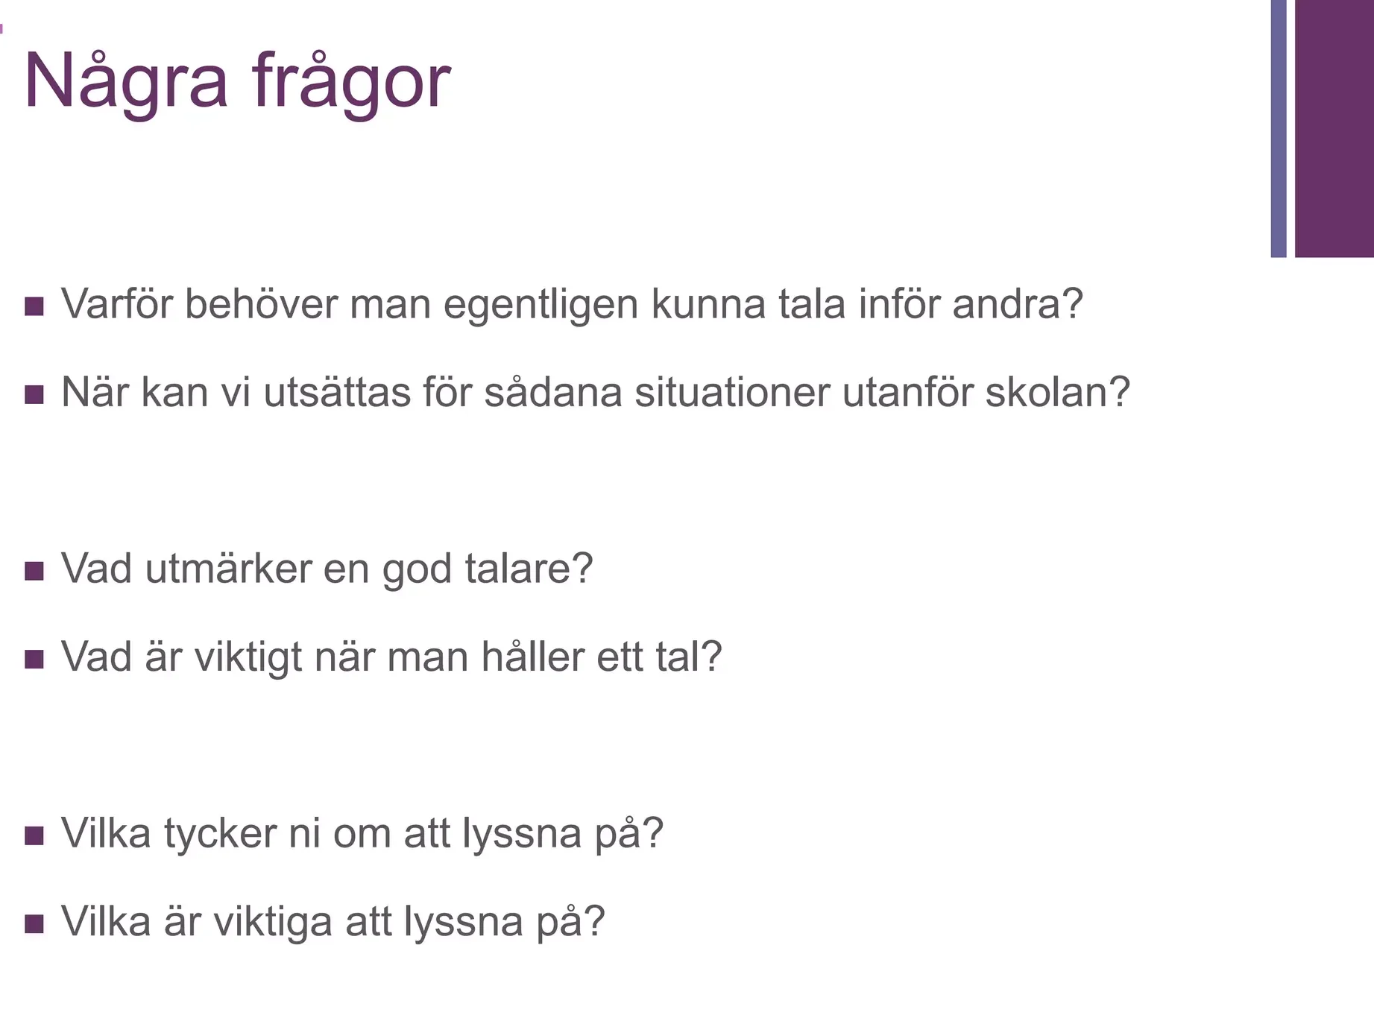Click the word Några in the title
tap(125, 82)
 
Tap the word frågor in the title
tap(351, 82)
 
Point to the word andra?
tap(1018, 303)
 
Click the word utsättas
tap(337, 392)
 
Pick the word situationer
tap(732, 392)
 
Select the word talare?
tap(529, 568)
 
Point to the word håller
tap(533, 657)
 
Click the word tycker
tap(221, 833)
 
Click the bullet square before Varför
tap(34, 306)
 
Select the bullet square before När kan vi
tap(34, 394)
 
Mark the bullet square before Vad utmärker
tap(34, 571)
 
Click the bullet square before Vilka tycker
tap(34, 835)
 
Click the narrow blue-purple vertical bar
tap(1279, 128)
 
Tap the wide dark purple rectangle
tap(1334, 128)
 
